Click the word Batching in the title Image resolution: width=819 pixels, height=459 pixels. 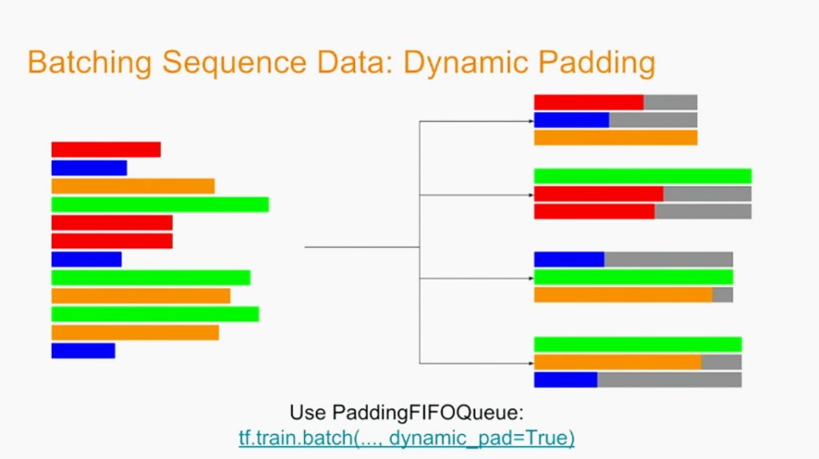click(90, 62)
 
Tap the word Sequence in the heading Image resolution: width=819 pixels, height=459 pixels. click(234, 63)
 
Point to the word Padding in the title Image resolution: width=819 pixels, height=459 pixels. click(597, 63)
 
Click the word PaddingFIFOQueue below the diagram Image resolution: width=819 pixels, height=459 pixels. click(427, 413)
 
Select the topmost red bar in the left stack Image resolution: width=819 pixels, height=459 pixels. click(106, 150)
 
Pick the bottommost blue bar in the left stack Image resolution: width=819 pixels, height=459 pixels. click(83, 351)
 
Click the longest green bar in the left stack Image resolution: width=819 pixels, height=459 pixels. click(160, 204)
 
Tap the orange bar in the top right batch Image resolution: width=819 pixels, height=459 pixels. click(615, 138)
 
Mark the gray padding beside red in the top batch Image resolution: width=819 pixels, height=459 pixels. click(670, 102)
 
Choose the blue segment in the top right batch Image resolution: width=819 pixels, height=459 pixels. click(571, 120)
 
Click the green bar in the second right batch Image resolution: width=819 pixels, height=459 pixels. click(642, 176)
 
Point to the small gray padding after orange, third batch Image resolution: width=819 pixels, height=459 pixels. click(723, 295)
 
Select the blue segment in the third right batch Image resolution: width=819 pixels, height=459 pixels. click(569, 260)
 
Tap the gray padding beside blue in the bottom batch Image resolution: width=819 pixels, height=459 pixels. click(669, 380)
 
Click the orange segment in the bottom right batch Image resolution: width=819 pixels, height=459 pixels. click(617, 362)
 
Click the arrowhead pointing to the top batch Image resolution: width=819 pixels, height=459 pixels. click(531, 122)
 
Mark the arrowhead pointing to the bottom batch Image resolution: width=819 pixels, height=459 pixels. click(531, 363)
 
